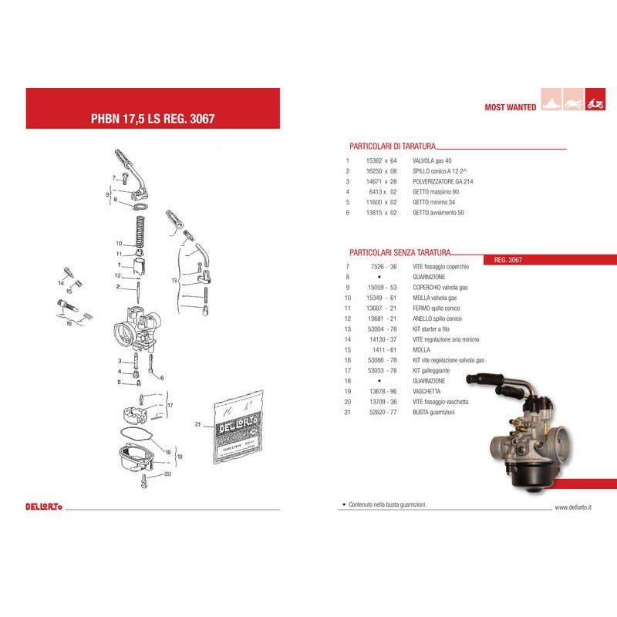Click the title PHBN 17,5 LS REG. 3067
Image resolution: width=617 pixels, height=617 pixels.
(153, 120)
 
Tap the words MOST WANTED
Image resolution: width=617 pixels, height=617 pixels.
(510, 108)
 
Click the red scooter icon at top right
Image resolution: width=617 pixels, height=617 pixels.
(595, 102)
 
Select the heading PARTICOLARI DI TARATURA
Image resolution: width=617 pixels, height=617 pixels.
(393, 145)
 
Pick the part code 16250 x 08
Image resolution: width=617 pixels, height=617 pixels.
(381, 170)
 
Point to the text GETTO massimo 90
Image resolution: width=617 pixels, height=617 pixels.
(437, 191)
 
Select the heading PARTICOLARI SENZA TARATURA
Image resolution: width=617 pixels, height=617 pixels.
(400, 252)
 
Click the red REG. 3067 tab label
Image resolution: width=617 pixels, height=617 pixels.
(508, 260)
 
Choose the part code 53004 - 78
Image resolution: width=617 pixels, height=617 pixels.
(381, 329)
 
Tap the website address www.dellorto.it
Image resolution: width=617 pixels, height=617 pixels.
(573, 507)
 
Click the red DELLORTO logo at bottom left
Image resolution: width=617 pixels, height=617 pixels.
(44, 506)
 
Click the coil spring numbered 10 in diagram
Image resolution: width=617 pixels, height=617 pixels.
(141, 231)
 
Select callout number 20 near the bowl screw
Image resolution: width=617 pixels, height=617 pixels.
(167, 474)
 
